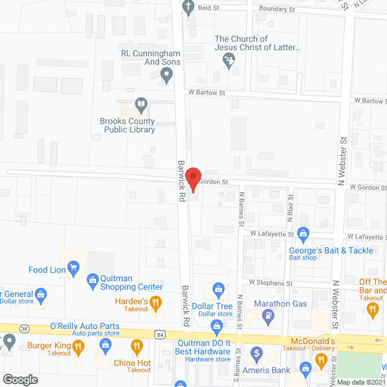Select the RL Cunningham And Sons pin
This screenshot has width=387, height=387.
(167, 75)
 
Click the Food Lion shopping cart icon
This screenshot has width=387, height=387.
(74, 267)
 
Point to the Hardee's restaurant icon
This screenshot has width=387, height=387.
(155, 302)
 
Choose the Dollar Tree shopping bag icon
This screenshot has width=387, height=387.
(216, 288)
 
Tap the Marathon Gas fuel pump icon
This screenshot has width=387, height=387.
(268, 315)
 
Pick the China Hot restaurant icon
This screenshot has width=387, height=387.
(137, 346)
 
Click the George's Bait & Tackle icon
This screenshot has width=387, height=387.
(304, 233)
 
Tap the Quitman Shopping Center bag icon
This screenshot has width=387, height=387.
(92, 279)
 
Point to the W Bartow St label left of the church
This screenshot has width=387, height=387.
(206, 93)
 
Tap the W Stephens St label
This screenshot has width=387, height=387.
(270, 282)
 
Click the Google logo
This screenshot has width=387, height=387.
(19, 379)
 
